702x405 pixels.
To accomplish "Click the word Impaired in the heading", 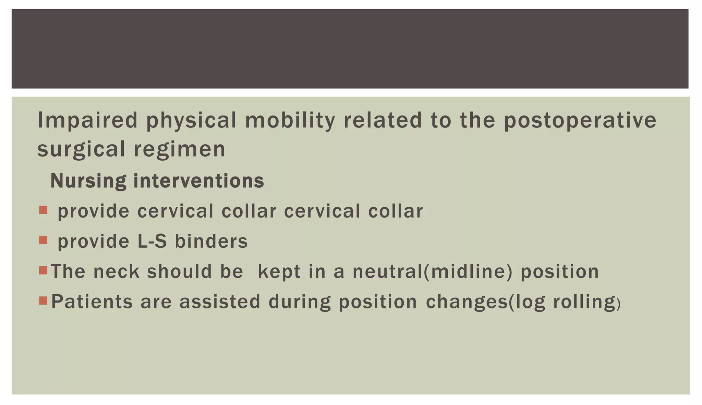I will tap(87, 120).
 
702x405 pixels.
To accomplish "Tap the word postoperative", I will tap(580, 120).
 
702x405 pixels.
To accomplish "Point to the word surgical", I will tap(81, 150).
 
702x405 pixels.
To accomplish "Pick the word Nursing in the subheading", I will tap(88, 181).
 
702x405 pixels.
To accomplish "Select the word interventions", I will tap(199, 181).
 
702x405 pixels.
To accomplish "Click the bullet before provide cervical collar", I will tap(43, 210).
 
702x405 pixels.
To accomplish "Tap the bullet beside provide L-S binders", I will tap(43, 240).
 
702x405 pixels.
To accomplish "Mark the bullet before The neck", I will tap(43, 270).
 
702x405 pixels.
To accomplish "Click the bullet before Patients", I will tap(43, 301).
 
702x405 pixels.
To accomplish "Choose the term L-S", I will tap(152, 241).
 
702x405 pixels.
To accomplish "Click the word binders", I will tap(211, 241).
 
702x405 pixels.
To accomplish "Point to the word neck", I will tap(116, 271).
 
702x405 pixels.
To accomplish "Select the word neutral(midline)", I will tap(433, 271).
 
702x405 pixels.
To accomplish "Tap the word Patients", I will tap(92, 302).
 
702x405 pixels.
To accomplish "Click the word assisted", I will tap(220, 302).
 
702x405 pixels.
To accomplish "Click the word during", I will tap(300, 302).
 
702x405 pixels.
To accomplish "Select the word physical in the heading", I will tap(191, 120).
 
